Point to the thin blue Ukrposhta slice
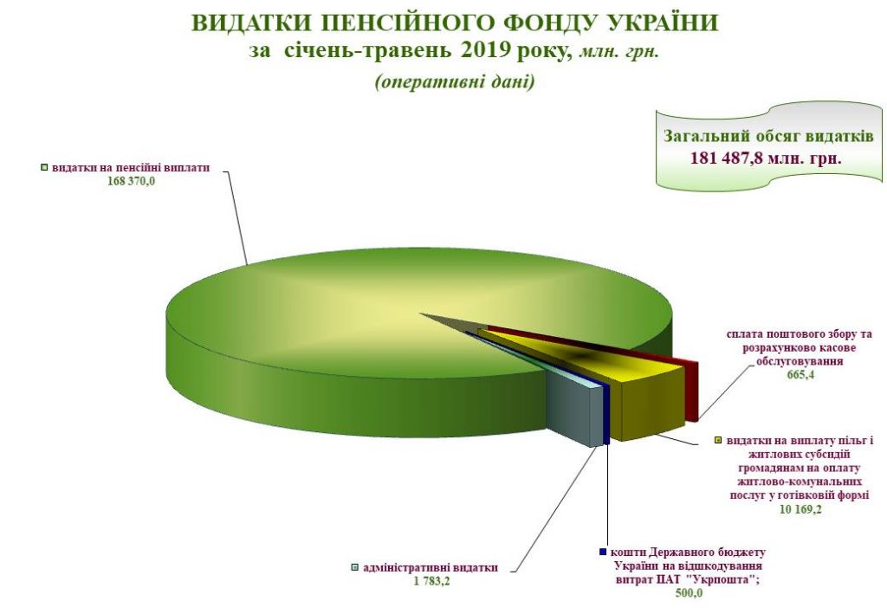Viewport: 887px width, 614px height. click(x=605, y=417)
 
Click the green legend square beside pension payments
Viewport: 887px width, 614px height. click(x=42, y=167)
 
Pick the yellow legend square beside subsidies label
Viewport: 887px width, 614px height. click(x=717, y=441)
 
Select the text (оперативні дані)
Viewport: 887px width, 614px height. click(x=454, y=83)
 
